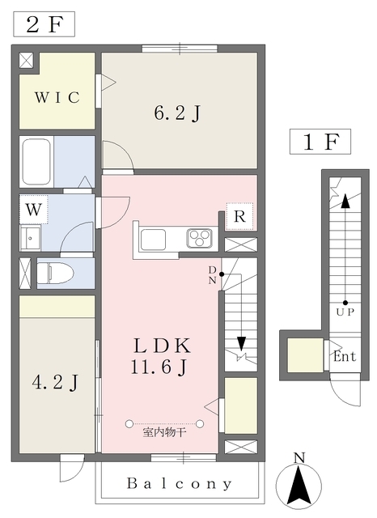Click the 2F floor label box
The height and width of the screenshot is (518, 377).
point(44,24)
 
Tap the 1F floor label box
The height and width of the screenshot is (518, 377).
point(320,142)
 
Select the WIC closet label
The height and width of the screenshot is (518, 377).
point(57,97)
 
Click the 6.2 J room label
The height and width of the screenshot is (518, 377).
point(177,113)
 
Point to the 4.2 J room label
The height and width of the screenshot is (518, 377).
point(56,383)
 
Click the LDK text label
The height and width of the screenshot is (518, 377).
point(162,346)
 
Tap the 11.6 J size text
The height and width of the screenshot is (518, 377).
point(159,367)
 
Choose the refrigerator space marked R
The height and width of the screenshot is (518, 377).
point(239,217)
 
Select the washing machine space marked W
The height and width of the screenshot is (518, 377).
point(34,210)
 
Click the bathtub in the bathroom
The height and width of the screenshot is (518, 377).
point(36,163)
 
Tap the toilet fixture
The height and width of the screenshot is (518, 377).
point(55,274)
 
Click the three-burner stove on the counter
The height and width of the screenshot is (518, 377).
point(199,238)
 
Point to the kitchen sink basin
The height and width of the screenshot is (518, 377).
point(153,240)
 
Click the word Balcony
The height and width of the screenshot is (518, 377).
point(180,484)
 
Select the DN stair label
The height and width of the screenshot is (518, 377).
point(212,275)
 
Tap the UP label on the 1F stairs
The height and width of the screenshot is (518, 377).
point(345,312)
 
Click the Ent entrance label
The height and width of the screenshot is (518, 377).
point(345,356)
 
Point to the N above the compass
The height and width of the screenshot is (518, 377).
point(299,457)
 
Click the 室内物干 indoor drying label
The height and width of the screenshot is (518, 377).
point(164,432)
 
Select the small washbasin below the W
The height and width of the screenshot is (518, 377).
point(31,238)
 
